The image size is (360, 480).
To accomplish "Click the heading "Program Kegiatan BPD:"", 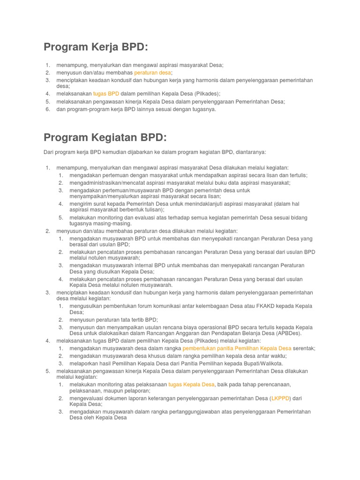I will click(105, 137).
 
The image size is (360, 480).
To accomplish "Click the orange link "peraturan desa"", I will click(153, 73).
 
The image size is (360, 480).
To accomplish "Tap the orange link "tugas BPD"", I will click(106, 94).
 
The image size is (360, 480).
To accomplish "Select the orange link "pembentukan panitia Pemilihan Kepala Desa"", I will click(237, 348).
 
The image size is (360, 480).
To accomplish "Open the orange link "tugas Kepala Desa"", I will click(191, 384).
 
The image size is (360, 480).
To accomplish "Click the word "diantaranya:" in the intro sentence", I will click(251, 152).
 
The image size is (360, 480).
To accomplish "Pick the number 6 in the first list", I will click(48, 109).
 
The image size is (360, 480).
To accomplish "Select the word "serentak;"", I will click(304, 348).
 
